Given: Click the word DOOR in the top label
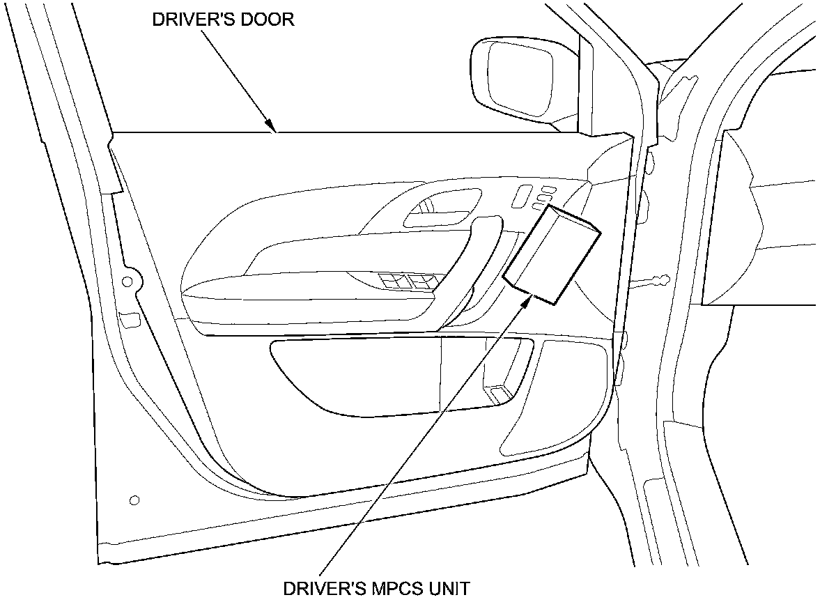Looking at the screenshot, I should coord(268,20).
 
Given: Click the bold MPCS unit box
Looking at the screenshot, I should coord(550,254).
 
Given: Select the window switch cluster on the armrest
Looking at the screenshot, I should coord(405,281).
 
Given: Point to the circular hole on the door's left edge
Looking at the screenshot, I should coord(127,281).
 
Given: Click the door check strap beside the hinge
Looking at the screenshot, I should coord(648,281).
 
